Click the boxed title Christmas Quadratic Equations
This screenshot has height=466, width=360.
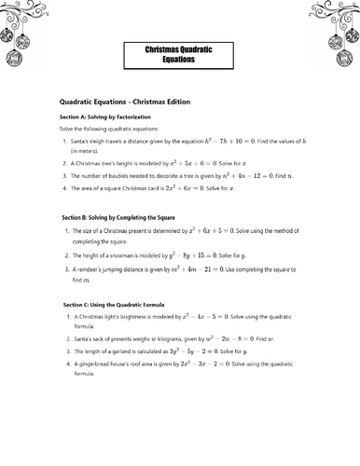pos(179,52)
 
